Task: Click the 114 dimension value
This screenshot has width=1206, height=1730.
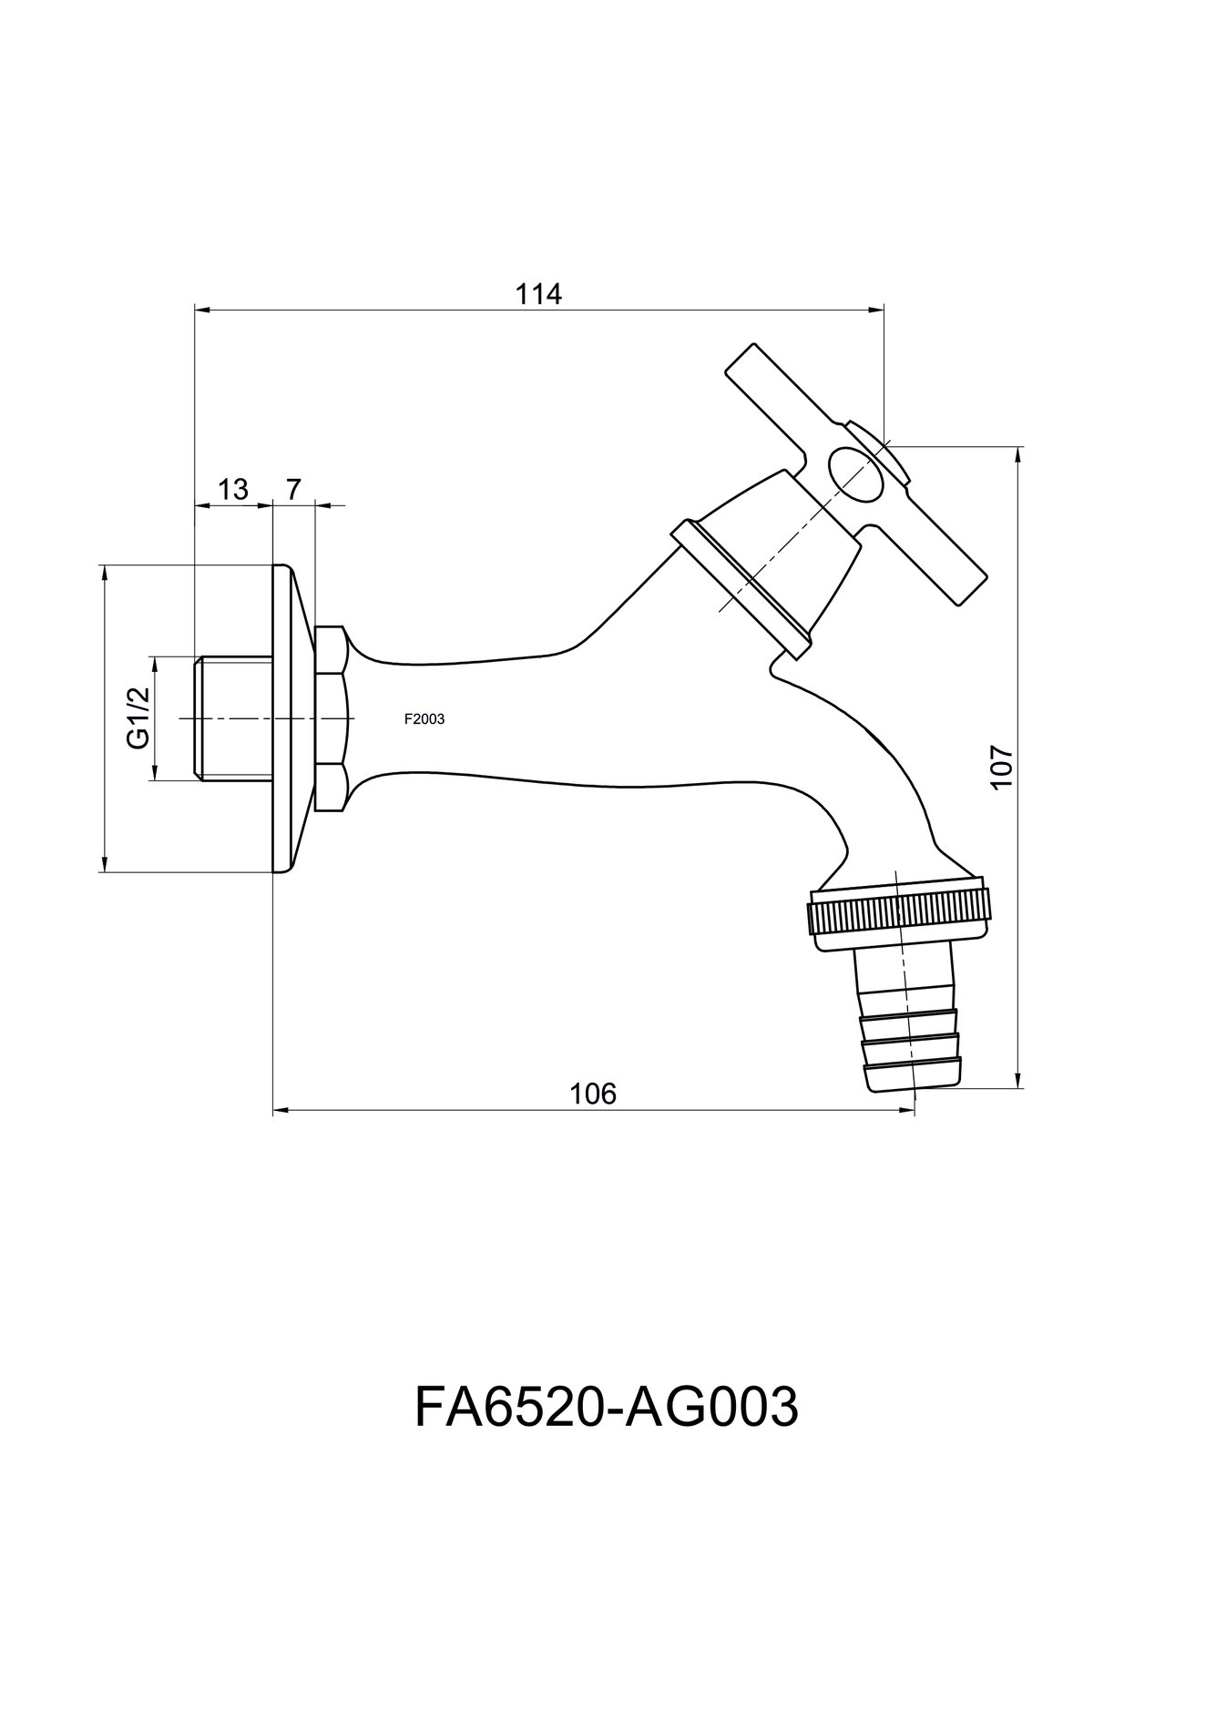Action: click(539, 294)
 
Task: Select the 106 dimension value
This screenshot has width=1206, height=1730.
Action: click(593, 1093)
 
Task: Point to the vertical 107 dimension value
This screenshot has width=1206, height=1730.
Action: click(1000, 767)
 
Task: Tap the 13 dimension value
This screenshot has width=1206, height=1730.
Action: click(233, 489)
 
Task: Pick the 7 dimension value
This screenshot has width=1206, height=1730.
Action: click(293, 489)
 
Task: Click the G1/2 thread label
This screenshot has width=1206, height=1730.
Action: click(138, 718)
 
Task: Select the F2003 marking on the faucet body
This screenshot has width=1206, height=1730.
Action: click(424, 719)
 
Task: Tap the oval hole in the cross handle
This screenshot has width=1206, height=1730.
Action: click(854, 474)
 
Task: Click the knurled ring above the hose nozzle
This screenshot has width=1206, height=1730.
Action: click(897, 913)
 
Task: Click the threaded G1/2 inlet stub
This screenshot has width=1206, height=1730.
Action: click(233, 718)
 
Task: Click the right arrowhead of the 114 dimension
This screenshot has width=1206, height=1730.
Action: click(876, 310)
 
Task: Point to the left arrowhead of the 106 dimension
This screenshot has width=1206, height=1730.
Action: click(282, 1110)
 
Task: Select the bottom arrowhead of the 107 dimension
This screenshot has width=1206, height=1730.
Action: click(1018, 1080)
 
